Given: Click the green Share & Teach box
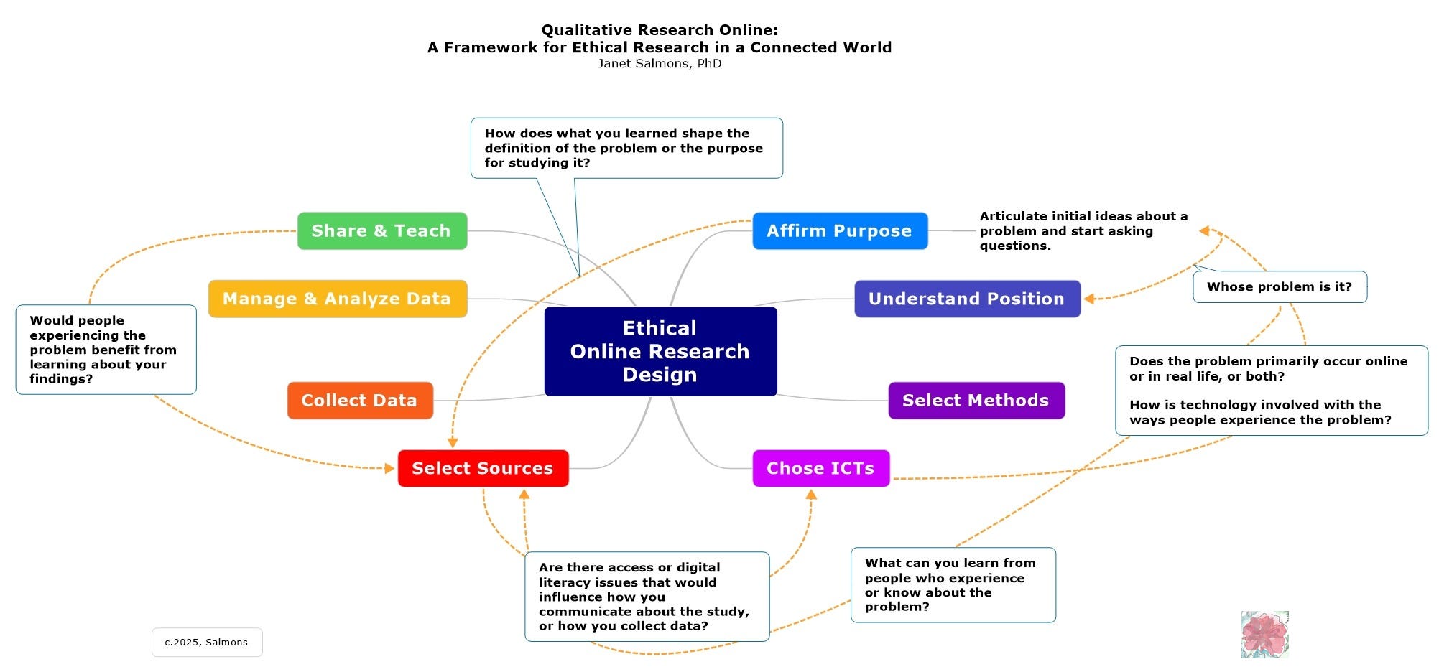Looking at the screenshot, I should (381, 231).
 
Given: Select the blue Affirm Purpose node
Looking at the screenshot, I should (839, 231).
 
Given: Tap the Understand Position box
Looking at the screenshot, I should (966, 299).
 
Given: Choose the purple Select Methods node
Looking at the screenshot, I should (976, 401).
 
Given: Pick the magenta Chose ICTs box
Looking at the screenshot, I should (820, 468).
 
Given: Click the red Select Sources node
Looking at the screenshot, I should (483, 468).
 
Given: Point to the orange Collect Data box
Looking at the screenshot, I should (359, 401).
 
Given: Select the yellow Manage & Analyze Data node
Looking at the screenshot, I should (337, 299).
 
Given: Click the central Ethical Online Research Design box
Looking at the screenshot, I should (660, 352).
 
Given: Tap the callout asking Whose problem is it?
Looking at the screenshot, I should (1280, 287).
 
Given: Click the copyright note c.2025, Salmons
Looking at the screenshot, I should (206, 643).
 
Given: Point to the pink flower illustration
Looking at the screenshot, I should (1264, 635).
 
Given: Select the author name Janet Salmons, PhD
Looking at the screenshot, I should (660, 64).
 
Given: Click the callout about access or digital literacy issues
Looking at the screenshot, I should (646, 597).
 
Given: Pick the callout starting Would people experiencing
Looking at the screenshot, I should (105, 350).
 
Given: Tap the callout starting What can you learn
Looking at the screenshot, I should (952, 585).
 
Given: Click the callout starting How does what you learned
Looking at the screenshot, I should (626, 148).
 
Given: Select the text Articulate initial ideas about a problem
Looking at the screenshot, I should (1083, 231).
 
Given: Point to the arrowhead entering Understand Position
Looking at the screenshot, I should (1089, 299).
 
